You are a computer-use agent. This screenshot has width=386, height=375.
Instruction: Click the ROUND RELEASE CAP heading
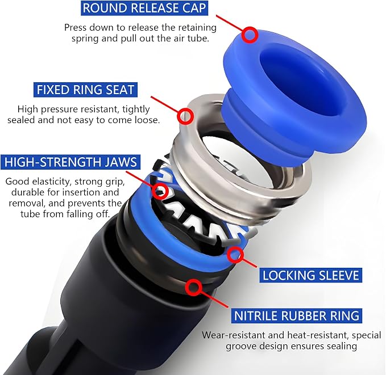144,8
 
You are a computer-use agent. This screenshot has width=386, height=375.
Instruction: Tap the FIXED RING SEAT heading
85,90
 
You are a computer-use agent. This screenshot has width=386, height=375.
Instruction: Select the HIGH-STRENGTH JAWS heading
70,162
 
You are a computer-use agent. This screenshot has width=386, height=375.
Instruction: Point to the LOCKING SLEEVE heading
310,275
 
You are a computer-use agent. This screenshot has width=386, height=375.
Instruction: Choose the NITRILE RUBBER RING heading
297,316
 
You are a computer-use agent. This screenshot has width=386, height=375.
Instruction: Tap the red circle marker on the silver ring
185,116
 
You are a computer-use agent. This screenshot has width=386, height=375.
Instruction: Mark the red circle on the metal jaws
160,190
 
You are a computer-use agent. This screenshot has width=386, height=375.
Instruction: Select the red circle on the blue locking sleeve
235,255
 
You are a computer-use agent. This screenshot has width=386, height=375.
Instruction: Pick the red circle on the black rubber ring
193,287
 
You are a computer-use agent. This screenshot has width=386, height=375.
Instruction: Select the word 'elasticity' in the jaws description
52,182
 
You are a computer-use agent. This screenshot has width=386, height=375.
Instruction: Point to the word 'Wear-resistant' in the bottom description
233,335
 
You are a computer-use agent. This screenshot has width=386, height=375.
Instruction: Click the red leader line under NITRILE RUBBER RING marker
214,300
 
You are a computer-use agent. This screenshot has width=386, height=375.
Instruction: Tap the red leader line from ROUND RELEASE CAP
230,23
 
